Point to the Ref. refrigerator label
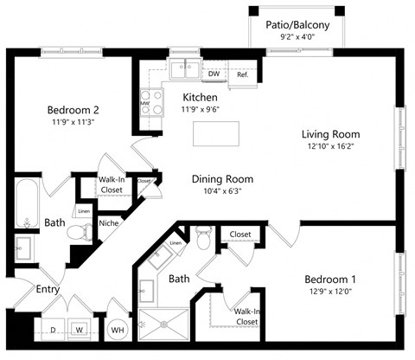click(x=242, y=75)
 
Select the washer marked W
click(x=79, y=330)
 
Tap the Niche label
click(x=109, y=222)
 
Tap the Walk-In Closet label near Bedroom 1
click(x=246, y=316)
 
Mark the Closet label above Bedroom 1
click(x=240, y=235)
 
